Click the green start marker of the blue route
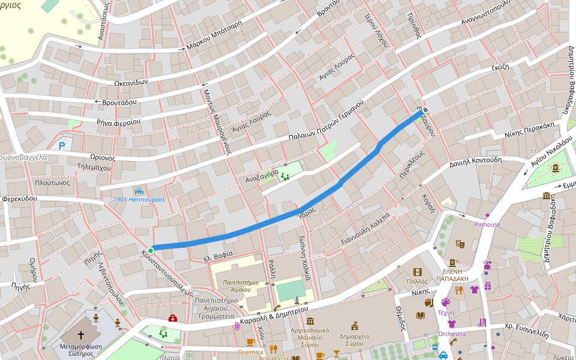click(x=151, y=250)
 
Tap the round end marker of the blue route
click(x=425, y=110)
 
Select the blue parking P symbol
click(x=62, y=145)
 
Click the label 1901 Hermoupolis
click(x=139, y=199)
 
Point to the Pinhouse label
click(x=487, y=224)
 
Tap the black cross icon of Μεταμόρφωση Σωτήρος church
click(x=81, y=334)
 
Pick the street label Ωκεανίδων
click(x=131, y=82)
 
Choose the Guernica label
click(x=250, y=352)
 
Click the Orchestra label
click(x=452, y=334)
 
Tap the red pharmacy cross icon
click(x=173, y=318)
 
